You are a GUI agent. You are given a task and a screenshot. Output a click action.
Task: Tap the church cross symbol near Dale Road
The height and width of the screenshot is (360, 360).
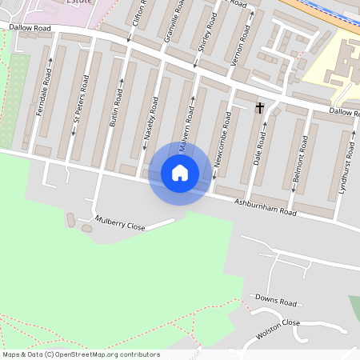coord(259,106)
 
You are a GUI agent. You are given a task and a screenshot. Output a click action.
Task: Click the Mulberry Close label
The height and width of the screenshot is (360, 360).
coord(120,223)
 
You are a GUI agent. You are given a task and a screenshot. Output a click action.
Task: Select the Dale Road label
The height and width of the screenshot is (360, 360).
coord(260,146)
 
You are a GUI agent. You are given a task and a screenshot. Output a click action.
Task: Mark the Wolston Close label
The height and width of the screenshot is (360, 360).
coord(277,327)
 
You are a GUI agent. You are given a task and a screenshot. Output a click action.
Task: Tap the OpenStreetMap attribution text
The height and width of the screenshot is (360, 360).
coord(82,354)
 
